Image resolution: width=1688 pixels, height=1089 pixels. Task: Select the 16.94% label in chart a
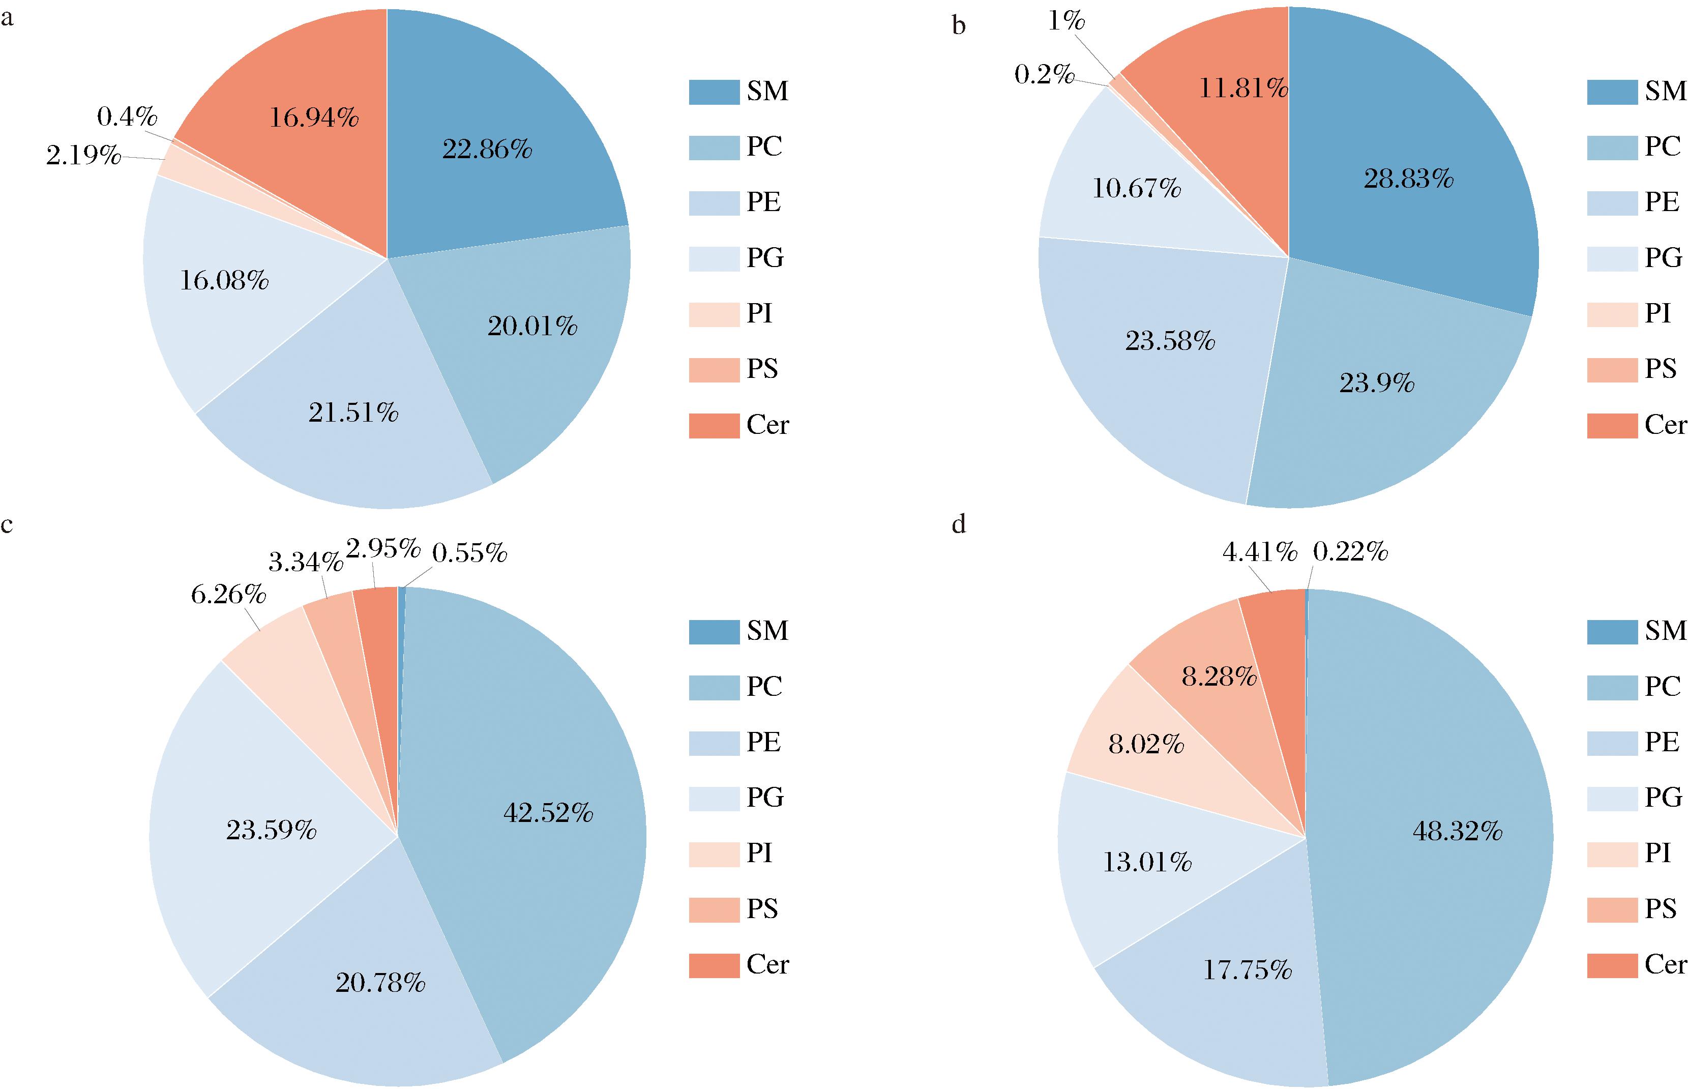click(314, 118)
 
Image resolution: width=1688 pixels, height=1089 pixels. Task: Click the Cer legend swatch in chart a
click(714, 426)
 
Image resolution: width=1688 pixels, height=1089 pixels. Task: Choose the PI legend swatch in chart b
click(1612, 314)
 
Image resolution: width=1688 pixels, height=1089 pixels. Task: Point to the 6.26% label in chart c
click(228, 595)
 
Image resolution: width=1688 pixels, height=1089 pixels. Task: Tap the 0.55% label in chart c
click(470, 553)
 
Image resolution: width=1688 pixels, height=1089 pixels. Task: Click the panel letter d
click(959, 525)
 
